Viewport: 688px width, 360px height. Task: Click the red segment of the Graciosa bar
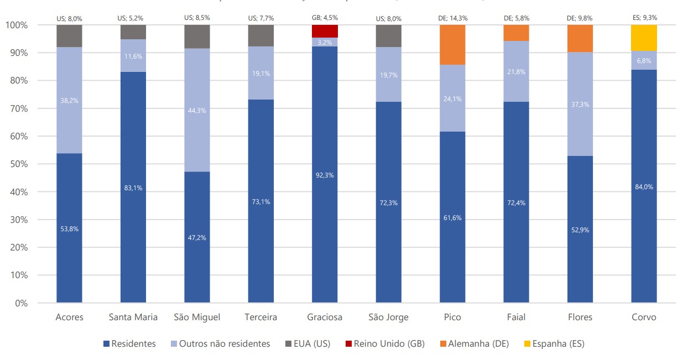[325, 31]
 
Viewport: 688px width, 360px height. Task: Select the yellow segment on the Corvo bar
[644, 38]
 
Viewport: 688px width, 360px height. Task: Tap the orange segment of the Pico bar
[452, 45]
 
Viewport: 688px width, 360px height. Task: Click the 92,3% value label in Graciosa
[325, 175]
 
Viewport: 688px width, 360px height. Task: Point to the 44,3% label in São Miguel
[197, 110]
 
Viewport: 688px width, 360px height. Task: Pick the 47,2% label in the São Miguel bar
[197, 237]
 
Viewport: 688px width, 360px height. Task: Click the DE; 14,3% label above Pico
[452, 18]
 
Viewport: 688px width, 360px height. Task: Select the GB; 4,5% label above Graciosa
[325, 18]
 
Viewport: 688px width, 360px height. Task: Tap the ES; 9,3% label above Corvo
[644, 18]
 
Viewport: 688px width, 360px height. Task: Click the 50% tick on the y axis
[20, 164]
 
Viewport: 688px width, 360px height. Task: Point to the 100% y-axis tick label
[18, 25]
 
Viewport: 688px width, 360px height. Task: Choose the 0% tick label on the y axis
[23, 303]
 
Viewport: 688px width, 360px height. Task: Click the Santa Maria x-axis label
[133, 317]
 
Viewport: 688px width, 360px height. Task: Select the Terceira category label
[261, 317]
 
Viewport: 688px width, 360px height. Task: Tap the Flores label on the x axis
[580, 317]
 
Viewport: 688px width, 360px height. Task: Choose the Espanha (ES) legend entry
[554, 344]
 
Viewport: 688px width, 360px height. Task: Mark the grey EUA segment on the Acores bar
[69, 36]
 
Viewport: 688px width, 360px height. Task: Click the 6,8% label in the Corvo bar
[644, 60]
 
